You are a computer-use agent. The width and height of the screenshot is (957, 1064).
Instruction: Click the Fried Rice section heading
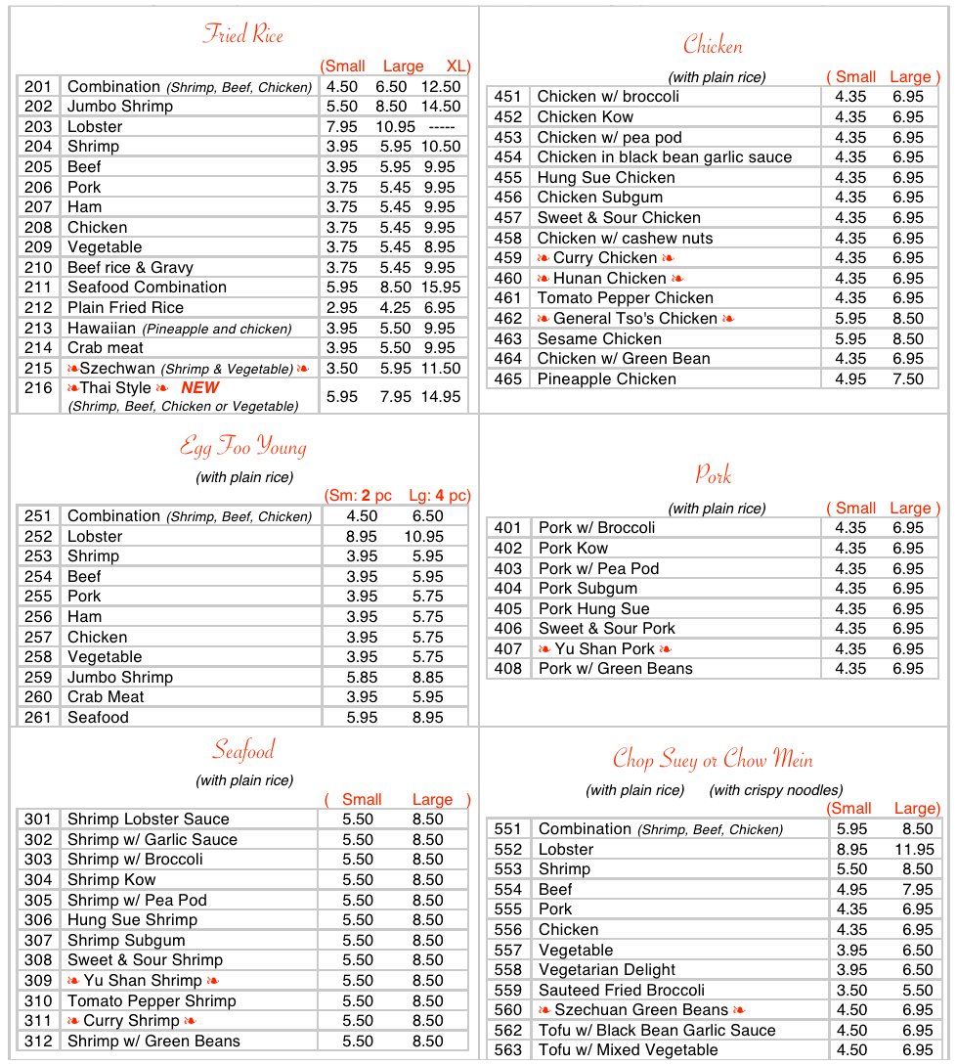242,35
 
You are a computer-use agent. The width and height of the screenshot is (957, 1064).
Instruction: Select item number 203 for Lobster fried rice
38,126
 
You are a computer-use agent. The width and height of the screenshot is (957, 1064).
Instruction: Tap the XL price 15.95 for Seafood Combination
441,288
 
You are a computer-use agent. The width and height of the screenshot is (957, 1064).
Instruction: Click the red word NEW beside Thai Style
199,387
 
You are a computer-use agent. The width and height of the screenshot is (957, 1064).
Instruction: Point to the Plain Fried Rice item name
125,308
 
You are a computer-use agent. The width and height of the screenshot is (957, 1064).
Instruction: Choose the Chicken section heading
713,45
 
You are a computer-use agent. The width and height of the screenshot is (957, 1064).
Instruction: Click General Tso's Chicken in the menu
635,319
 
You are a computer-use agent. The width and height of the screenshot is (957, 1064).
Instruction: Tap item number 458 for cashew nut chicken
507,239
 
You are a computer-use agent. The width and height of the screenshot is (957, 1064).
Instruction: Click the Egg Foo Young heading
243,448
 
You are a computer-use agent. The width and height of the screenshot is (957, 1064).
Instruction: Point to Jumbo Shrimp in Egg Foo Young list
119,678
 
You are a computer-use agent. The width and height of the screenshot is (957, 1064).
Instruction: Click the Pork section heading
713,475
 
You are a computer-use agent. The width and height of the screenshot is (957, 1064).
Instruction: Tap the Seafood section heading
243,751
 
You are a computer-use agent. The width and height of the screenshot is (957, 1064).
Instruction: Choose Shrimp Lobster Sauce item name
148,820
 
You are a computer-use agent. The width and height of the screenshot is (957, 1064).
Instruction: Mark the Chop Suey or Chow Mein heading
713,759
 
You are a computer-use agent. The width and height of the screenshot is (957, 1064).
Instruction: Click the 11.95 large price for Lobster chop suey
914,850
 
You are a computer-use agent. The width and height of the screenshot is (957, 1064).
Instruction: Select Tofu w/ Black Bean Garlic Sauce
657,1031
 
